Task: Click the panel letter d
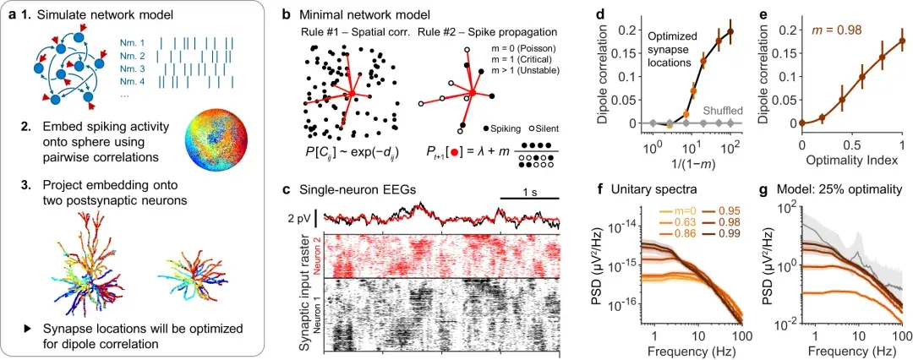click(x=600, y=14)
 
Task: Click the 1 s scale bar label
click(x=528, y=192)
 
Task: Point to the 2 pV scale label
click(x=298, y=218)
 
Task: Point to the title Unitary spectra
click(x=649, y=188)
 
